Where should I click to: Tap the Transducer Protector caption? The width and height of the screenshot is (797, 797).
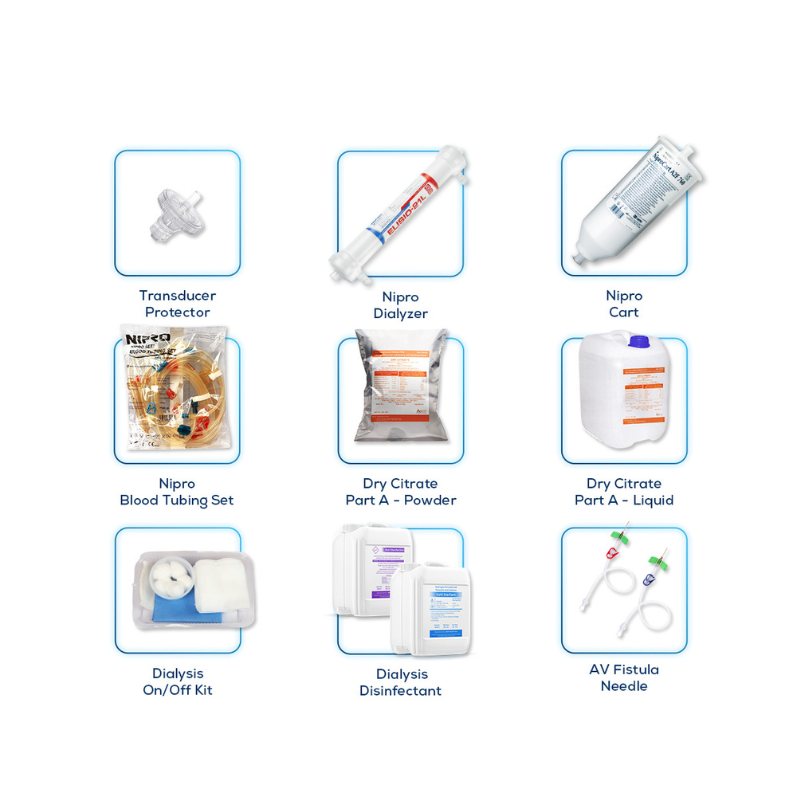(177, 304)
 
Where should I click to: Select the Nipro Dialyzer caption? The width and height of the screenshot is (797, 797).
(401, 305)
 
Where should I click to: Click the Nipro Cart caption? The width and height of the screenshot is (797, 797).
(624, 304)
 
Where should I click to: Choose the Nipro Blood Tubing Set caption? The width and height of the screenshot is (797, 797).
(177, 492)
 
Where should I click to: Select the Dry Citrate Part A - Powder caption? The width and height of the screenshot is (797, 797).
(401, 492)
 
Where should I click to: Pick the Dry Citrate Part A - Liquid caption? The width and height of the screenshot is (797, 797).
(624, 492)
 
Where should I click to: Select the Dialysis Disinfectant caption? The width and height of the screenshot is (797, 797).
(401, 682)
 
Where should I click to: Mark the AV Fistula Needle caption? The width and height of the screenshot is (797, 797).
(624, 677)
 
